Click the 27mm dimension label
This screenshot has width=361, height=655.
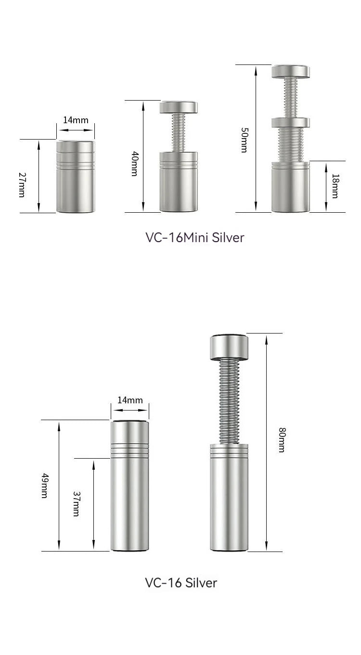point(22,184)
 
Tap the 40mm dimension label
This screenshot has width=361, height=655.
point(135,164)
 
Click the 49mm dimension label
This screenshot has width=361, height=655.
point(44,486)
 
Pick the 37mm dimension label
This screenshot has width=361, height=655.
point(76,503)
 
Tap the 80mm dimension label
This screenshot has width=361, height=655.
point(282,440)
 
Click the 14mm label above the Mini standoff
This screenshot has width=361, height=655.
point(76,120)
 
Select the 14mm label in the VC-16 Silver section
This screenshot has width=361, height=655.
point(130,400)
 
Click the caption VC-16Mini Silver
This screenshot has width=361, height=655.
point(194,237)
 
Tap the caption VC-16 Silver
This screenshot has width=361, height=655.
point(181,582)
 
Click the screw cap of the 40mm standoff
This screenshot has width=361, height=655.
point(179,107)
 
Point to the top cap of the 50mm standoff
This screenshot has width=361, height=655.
point(290,71)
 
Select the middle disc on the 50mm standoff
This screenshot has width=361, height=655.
point(290,122)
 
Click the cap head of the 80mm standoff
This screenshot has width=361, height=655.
point(229,347)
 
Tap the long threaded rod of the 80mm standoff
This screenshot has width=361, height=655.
point(230,402)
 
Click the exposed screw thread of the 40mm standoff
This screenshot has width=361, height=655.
point(179,132)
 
